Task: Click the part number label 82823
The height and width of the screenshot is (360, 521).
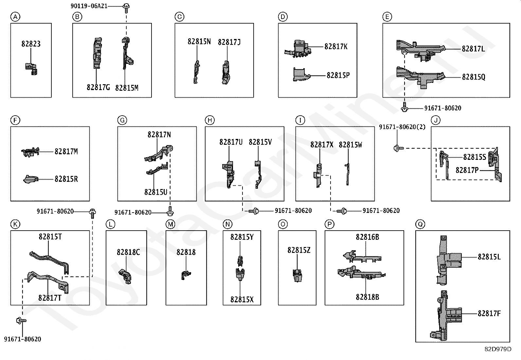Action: pos(31,44)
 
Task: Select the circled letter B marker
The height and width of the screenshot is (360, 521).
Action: pos(77,17)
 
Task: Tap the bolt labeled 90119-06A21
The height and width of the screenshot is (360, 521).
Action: pos(126,7)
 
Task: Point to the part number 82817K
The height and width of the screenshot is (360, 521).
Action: pos(336,47)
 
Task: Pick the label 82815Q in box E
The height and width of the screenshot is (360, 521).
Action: pos(474,77)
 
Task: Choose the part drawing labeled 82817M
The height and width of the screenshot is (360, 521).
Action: pos(30,151)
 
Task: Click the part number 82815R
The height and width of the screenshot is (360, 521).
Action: pos(66,179)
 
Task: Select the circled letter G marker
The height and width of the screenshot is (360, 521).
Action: pos(122,120)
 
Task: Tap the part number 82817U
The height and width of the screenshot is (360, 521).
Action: pos(231,142)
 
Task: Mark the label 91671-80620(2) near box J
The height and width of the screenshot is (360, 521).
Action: pos(402,127)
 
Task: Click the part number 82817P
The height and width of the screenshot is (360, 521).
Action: pos(467,170)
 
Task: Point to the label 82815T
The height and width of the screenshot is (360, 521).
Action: pos(50,237)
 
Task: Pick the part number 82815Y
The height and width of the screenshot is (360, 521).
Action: pos(242,237)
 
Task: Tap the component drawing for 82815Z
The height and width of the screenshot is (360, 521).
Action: pos(297,275)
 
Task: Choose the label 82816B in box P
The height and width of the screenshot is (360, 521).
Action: pos(367,237)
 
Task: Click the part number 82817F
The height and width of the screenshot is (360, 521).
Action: pos(489,313)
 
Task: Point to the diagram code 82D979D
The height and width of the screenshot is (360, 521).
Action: pos(498,349)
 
